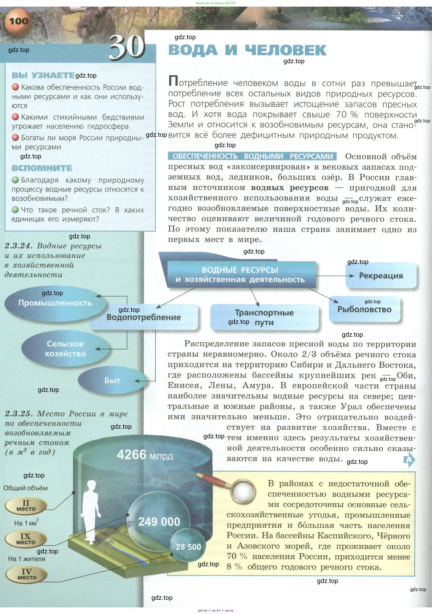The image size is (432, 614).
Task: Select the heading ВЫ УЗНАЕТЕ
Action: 43,75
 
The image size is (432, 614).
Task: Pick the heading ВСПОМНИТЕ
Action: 42,168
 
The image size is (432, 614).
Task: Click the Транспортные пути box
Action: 264,317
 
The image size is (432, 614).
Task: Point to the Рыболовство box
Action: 364,309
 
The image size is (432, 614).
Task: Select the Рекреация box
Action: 381,276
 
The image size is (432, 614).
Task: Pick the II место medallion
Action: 26,506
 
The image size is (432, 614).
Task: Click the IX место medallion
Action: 26,539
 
